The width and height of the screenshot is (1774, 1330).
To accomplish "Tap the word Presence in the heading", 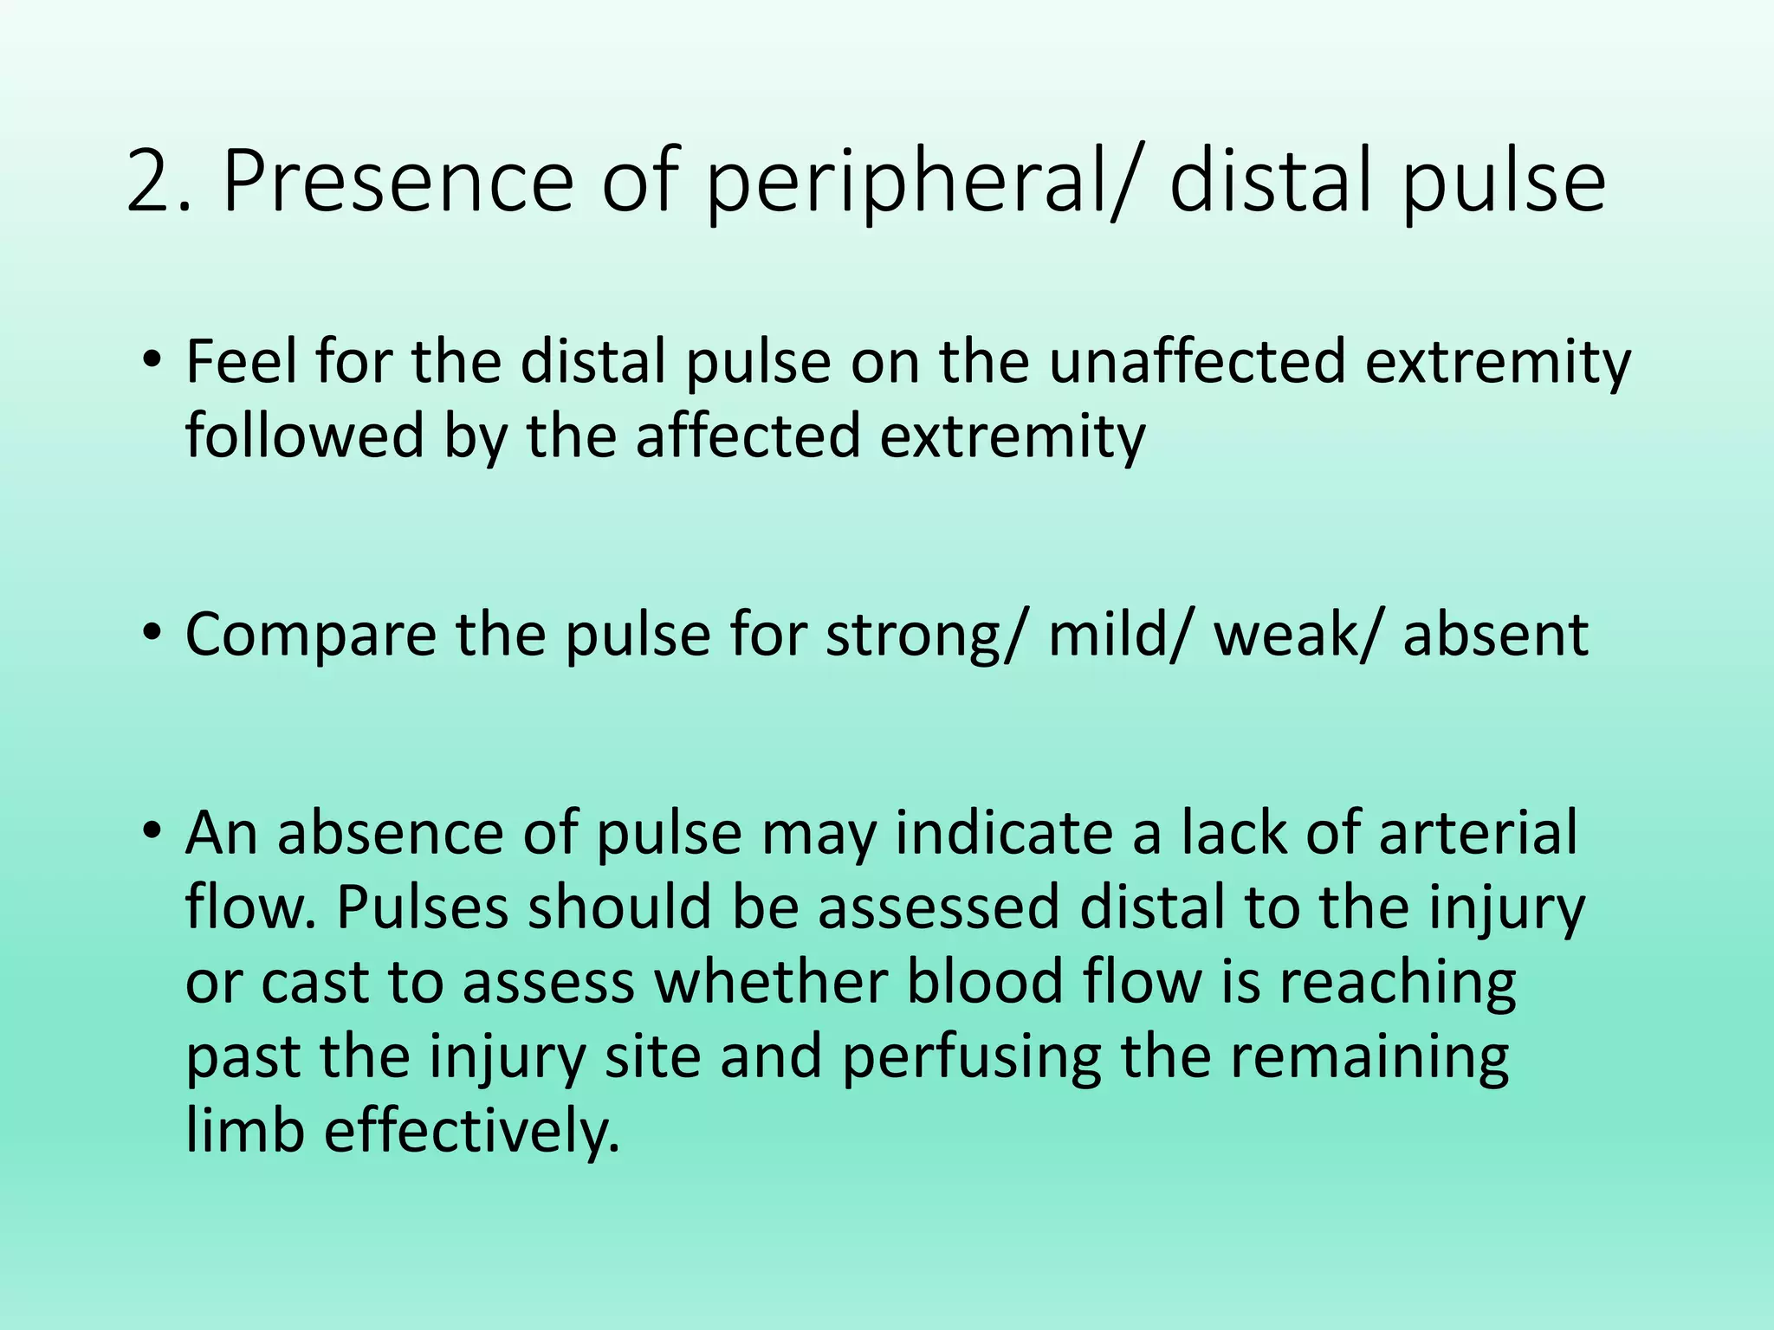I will [397, 183].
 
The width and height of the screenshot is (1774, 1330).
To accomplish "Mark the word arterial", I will [1478, 833].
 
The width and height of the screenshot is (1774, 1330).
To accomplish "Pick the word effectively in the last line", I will [471, 1131].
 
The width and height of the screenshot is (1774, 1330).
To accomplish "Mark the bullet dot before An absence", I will [152, 831].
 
